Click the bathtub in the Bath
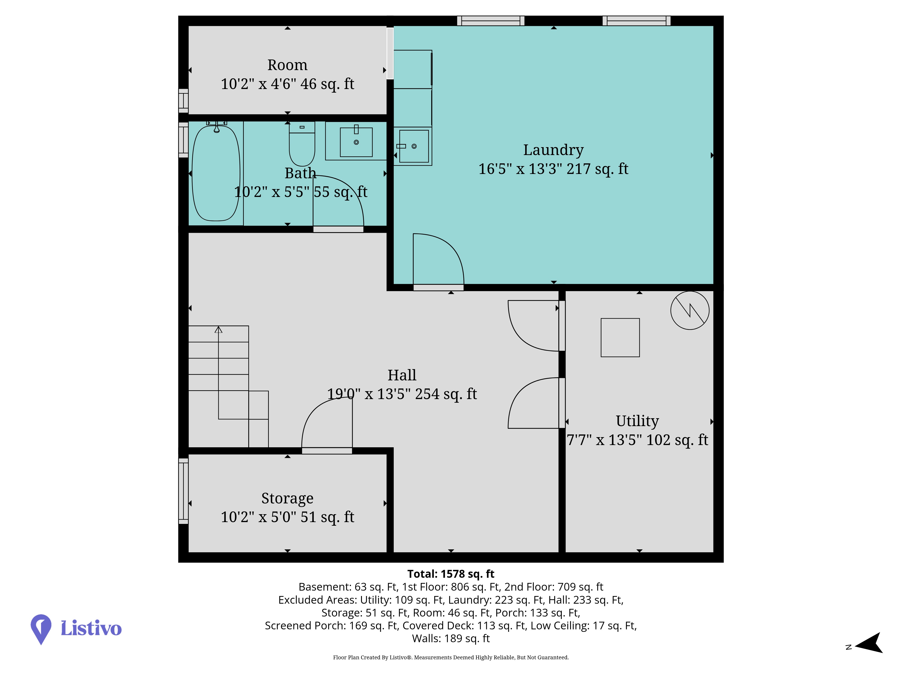[216, 173]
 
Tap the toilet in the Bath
[302, 144]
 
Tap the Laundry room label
[553, 150]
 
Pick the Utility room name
[637, 421]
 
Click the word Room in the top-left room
[288, 65]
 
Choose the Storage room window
[184, 491]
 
